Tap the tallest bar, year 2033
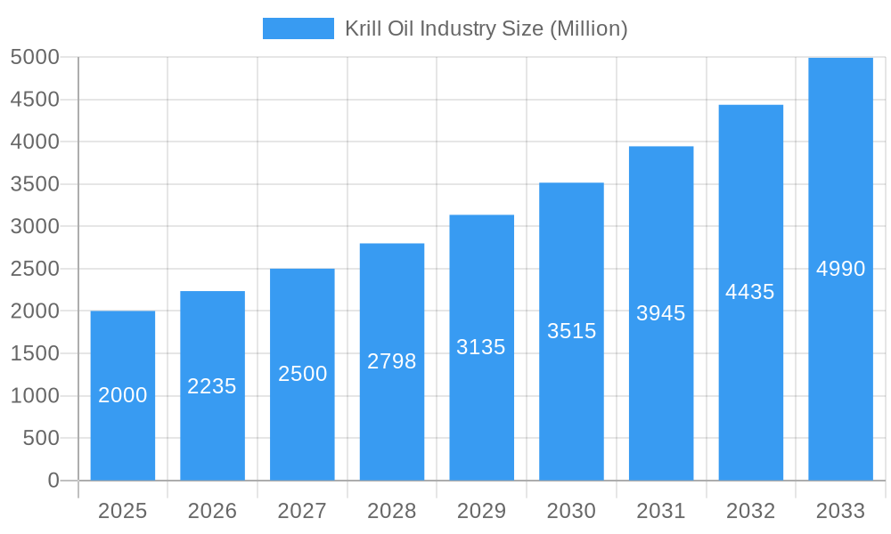click(x=840, y=178)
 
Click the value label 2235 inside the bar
click(x=212, y=386)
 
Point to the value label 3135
click(x=481, y=347)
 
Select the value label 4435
click(x=750, y=292)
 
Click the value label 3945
click(x=661, y=313)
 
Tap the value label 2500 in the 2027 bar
click(x=302, y=374)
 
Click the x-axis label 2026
click(x=212, y=511)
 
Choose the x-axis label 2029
click(x=481, y=511)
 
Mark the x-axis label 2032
click(x=750, y=511)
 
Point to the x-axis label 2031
click(x=661, y=511)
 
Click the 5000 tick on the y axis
click(x=35, y=58)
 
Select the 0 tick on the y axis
click(x=53, y=481)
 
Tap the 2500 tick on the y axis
click(x=35, y=269)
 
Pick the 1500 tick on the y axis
click(x=35, y=353)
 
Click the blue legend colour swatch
click(x=298, y=28)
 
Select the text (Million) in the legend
click(x=589, y=28)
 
